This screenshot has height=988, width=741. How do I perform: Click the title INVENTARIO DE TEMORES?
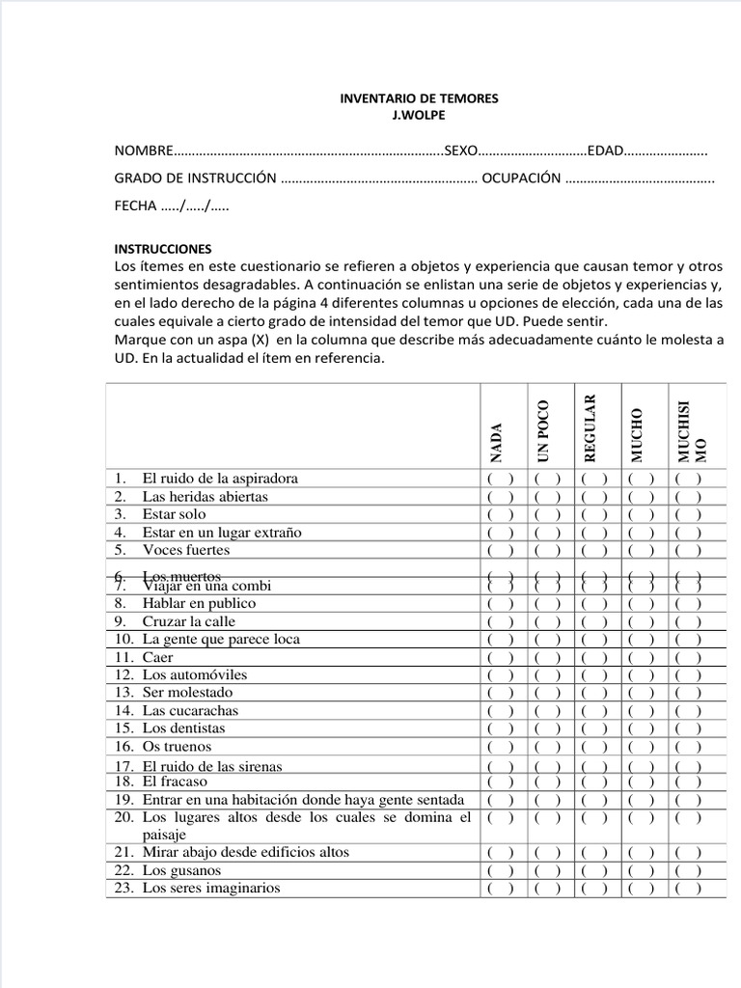(x=420, y=98)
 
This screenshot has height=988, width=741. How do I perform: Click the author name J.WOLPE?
(x=420, y=115)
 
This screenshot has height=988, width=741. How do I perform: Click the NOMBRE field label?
(x=144, y=151)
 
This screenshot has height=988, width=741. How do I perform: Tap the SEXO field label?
(x=461, y=151)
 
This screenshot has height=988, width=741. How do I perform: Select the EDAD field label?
(x=606, y=151)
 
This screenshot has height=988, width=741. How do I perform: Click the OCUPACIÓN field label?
(x=521, y=178)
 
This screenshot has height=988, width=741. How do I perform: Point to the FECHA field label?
(x=136, y=206)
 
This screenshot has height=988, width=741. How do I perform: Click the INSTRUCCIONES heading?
(x=162, y=248)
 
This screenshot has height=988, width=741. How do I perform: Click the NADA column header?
(x=497, y=441)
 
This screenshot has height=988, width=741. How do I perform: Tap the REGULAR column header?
(x=590, y=425)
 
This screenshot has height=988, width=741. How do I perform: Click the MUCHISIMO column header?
(x=692, y=431)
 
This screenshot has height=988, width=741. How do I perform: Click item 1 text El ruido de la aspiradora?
(x=220, y=479)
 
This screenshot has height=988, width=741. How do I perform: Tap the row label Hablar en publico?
(x=199, y=604)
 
